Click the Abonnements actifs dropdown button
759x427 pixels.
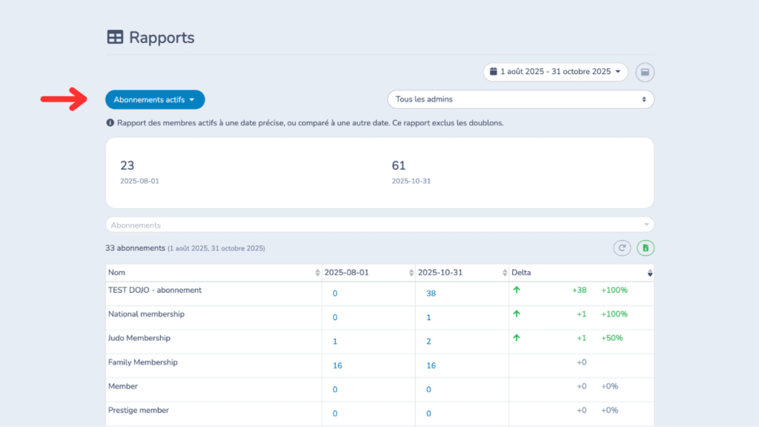[154, 99]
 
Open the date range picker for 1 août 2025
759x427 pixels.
[555, 72]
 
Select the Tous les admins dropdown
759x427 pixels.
[520, 99]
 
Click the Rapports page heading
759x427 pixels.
[162, 38]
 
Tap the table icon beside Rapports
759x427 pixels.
[115, 38]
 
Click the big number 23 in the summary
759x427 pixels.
[127, 165]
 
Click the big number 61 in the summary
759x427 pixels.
[399, 165]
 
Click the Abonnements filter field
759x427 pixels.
[379, 225]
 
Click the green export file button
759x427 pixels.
[645, 248]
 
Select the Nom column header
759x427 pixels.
[117, 273]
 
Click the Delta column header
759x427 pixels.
[521, 273]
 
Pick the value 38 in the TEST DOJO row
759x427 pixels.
[431, 294]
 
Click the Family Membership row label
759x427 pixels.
[142, 363]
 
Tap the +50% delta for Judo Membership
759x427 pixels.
[611, 338]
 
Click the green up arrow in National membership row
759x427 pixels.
[517, 314]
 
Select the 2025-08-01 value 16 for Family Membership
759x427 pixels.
[337, 365]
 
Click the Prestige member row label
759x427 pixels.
[139, 410]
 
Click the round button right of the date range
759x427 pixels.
[645, 72]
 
